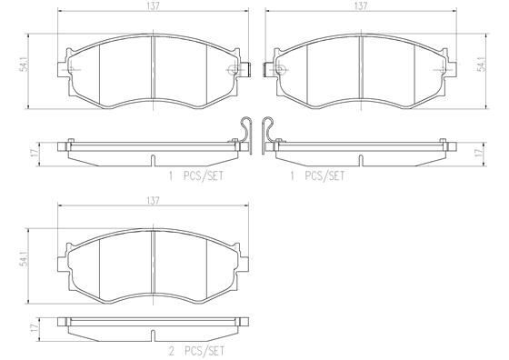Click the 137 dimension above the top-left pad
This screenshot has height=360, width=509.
coord(153,6)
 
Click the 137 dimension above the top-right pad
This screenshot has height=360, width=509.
coord(361,6)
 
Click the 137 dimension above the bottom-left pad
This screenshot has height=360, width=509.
coord(153,201)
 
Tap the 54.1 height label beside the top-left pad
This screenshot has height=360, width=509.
coord(25,65)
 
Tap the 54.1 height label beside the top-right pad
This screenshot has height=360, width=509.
coord(484,64)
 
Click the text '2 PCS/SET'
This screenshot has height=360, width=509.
coord(196,351)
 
